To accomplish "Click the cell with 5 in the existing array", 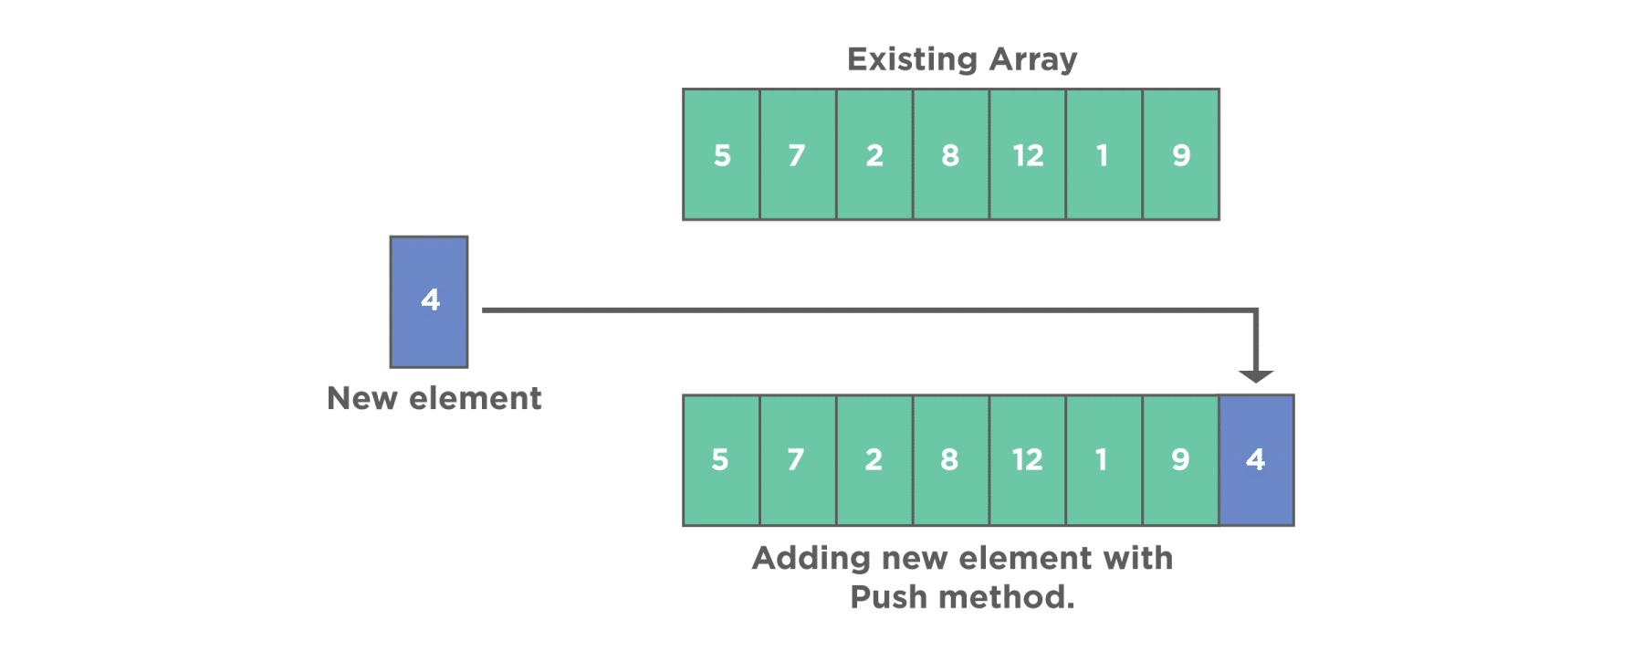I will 722,154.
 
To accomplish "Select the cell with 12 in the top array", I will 1028,154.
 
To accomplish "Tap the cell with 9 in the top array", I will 1180,154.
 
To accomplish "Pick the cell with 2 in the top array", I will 874,154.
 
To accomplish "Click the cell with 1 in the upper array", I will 1104,154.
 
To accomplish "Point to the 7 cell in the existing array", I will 798,154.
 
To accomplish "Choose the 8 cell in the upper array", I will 951,154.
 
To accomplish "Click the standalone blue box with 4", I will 429,301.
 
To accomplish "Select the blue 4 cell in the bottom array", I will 1256,459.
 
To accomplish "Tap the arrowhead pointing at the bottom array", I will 1256,375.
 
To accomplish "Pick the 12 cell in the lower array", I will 1028,459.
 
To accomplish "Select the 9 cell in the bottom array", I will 1180,459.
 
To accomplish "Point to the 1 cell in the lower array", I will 1104,459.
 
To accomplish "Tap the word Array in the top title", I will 1032,60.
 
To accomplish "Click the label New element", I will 434,398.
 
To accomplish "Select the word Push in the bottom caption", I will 889,597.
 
